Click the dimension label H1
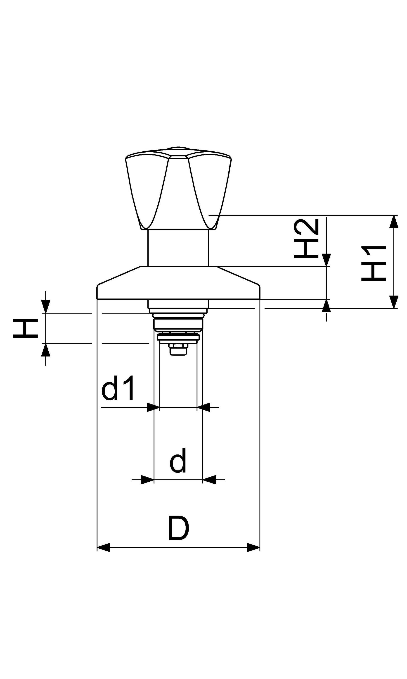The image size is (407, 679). pos(374,263)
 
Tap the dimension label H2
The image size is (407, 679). pos(306,239)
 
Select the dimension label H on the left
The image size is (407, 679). pos(25,328)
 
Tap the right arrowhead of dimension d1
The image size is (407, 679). pos(203,407)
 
